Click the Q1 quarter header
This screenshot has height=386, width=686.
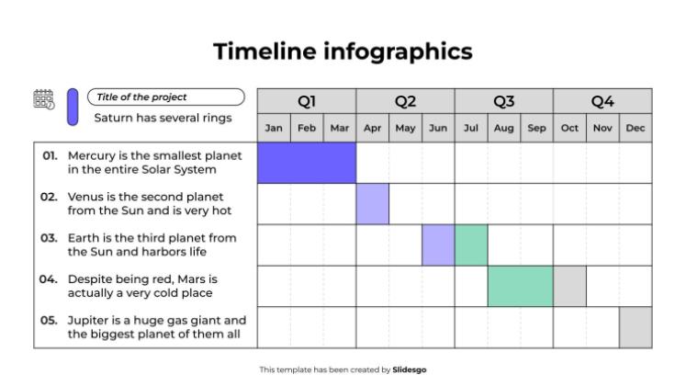(x=307, y=101)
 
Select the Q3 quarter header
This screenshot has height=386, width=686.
(x=503, y=101)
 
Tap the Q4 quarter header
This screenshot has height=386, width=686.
(x=602, y=101)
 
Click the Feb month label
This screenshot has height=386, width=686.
(x=307, y=129)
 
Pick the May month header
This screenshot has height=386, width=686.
(x=405, y=129)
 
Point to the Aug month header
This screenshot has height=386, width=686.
(x=503, y=129)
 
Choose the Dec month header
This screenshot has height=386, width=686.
(x=635, y=129)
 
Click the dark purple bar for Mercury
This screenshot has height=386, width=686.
(x=307, y=163)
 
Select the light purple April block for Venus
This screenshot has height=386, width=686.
(x=373, y=204)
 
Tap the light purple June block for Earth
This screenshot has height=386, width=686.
(x=438, y=245)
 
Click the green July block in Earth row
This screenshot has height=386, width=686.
(x=471, y=245)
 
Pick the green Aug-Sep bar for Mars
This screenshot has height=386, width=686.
(x=520, y=286)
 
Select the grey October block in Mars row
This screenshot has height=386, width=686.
(x=569, y=286)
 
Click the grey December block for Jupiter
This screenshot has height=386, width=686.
(x=635, y=327)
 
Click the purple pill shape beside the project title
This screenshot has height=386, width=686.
(x=73, y=107)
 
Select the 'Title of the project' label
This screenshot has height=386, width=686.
(x=141, y=97)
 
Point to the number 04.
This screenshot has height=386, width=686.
(x=49, y=278)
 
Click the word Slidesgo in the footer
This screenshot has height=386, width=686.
(x=410, y=369)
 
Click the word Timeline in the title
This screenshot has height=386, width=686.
(x=264, y=51)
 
